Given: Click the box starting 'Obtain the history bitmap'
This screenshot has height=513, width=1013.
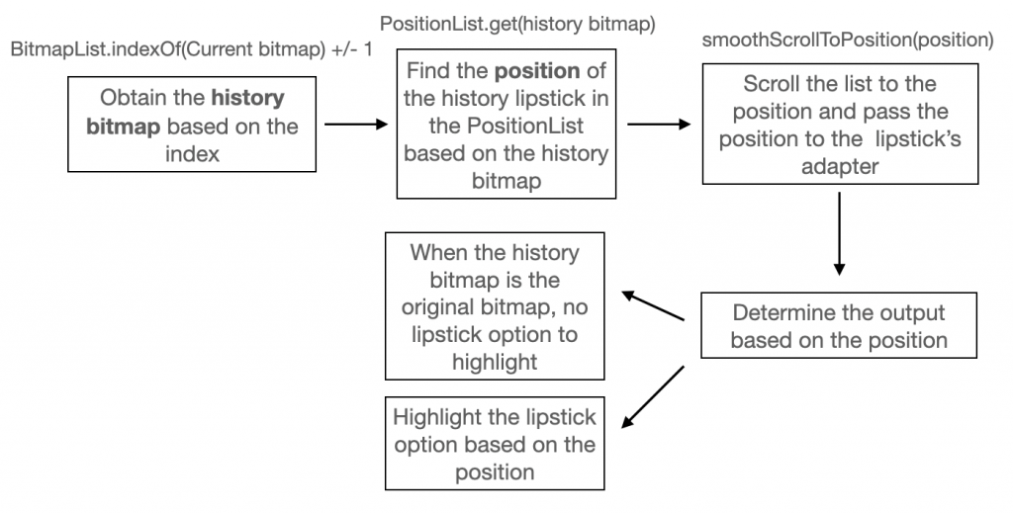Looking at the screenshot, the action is [x=192, y=124].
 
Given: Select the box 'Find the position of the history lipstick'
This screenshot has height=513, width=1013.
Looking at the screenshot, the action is [x=506, y=124].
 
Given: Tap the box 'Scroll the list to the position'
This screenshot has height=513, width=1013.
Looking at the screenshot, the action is [x=840, y=124].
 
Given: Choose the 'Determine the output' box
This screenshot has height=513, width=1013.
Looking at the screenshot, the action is [x=839, y=325].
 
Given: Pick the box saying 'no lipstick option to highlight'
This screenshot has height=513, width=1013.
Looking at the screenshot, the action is [x=495, y=305].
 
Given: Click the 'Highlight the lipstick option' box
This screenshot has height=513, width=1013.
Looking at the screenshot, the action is [x=495, y=443].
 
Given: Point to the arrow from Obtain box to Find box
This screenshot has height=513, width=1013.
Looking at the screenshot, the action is [x=356, y=124].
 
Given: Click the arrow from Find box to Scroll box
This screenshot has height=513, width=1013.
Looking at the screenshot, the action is [x=659, y=124].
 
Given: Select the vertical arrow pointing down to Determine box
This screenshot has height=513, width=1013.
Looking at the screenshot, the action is [x=839, y=233].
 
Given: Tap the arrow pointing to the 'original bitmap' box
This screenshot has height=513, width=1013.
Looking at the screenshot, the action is [x=653, y=305].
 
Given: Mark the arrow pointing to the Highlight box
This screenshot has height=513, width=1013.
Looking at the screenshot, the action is [x=653, y=396].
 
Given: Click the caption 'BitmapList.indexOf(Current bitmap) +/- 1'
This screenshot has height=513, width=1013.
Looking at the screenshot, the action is [x=192, y=49].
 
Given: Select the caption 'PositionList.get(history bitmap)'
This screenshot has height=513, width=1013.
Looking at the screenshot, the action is [x=517, y=25].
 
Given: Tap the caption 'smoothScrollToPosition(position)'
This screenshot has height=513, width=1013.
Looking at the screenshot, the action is [x=848, y=40].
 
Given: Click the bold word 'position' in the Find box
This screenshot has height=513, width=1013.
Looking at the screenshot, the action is [x=537, y=71].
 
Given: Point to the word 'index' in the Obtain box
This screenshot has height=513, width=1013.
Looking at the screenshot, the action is [x=192, y=153].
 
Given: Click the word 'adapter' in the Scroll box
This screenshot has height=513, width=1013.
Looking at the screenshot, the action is [x=840, y=166].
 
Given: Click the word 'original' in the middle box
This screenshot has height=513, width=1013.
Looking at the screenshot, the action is [x=438, y=306].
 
